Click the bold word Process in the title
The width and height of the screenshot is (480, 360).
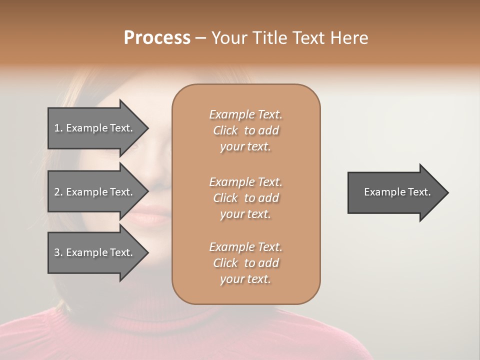coord(157,38)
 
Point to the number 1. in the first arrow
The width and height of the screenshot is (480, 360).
coord(58,128)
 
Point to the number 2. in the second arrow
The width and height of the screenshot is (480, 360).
coord(58,192)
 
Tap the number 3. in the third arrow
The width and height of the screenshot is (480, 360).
coord(58,252)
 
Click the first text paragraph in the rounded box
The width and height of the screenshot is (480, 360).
coord(245,130)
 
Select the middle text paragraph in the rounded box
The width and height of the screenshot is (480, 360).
coord(245,197)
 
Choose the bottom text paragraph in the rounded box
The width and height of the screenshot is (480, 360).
coord(245,263)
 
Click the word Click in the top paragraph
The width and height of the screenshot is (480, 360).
coord(225,131)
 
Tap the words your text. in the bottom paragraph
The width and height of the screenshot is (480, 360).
coord(245,279)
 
